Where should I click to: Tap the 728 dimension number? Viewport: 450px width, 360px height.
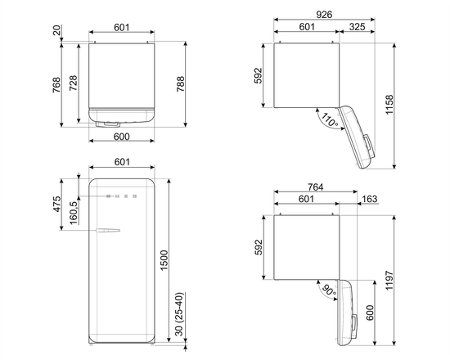tap(74, 81)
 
